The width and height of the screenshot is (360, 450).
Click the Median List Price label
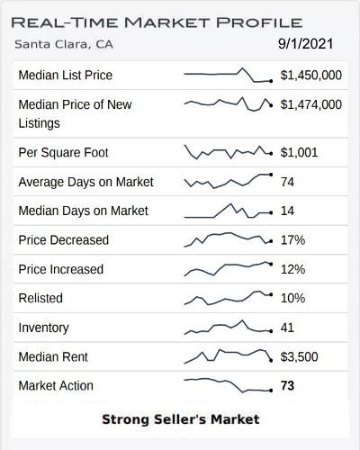66,75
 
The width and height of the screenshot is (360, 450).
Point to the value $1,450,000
311,75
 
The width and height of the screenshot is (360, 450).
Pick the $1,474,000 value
311,104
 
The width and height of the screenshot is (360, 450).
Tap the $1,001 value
300,152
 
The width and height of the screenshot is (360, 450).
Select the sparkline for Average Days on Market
228,181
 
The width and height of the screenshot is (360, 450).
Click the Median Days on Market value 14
288,211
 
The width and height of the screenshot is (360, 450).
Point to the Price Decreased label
63,240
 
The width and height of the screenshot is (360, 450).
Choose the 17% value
293,240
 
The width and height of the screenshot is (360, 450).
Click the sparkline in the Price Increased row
228,267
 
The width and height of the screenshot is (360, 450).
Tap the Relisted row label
42,298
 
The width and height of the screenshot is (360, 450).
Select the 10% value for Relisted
293,298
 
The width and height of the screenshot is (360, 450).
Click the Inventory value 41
288,328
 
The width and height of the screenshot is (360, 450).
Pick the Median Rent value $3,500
300,356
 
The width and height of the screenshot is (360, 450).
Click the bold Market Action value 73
288,386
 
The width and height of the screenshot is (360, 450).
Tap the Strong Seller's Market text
180,419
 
